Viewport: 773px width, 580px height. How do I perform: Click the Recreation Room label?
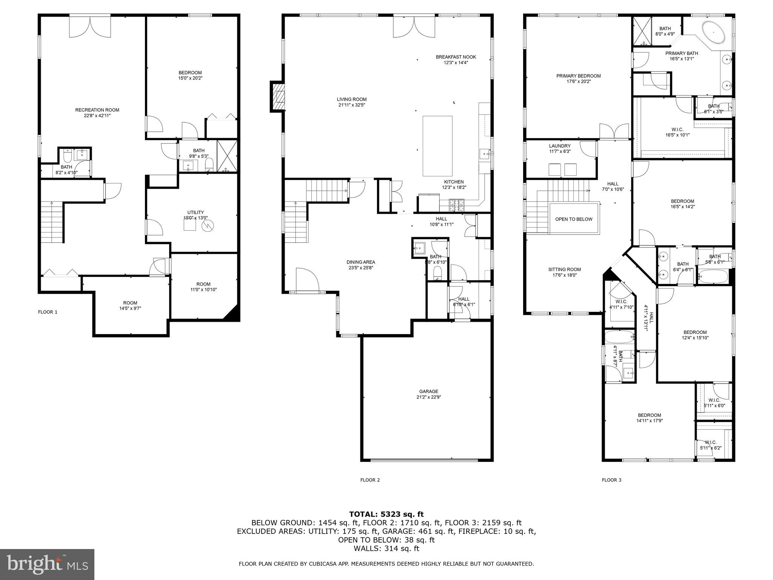[x=97, y=110]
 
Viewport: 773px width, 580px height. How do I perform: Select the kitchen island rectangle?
[x=437, y=146]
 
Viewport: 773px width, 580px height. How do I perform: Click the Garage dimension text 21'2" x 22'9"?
[x=428, y=397]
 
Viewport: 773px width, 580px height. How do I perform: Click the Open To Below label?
[x=574, y=219]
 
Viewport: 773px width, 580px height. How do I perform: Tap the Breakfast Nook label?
[x=456, y=57]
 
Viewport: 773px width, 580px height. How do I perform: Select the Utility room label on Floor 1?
[x=196, y=213]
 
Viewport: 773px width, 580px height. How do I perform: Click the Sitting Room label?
[x=564, y=270]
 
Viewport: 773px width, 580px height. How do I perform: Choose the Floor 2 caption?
[x=370, y=480]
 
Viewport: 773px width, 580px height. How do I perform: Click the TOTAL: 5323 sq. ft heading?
[x=386, y=514]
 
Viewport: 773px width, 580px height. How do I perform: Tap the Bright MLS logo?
[x=47, y=564]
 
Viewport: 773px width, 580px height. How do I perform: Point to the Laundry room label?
[x=560, y=146]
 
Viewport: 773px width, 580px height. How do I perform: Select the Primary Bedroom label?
[x=578, y=76]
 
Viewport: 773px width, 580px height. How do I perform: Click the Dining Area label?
[x=361, y=262]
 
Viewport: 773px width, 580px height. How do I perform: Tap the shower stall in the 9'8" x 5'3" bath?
[x=227, y=156]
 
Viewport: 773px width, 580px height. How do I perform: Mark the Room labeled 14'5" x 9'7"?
[x=130, y=303]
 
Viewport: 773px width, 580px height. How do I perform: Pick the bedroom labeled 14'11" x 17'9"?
[x=650, y=415]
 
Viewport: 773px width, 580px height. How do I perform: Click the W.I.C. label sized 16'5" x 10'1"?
[x=678, y=130]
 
